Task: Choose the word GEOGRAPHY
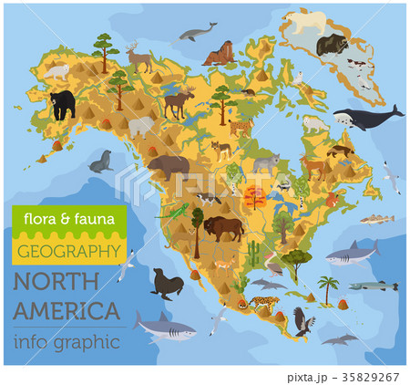pyautogui.click(x=68, y=248)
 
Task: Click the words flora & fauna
pyautogui.click(x=58, y=219)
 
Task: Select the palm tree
pyautogui.click(x=328, y=290)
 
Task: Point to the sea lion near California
pyautogui.click(x=168, y=283)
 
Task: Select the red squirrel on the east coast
pyautogui.click(x=333, y=199)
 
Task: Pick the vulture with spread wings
pyautogui.click(x=302, y=320)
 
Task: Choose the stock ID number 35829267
pyautogui.click(x=371, y=374)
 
